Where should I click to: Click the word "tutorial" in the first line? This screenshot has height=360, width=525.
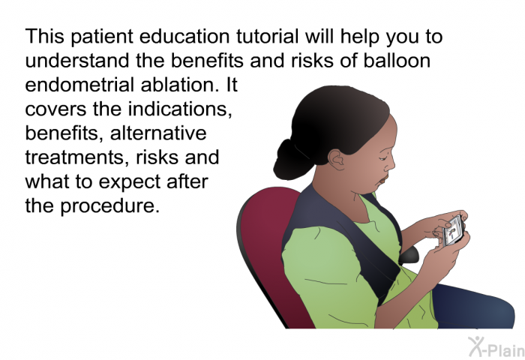[267, 36]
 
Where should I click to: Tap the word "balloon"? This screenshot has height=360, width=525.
[397, 60]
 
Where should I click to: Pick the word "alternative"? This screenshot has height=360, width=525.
[158, 133]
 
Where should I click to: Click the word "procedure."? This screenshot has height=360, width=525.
[109, 206]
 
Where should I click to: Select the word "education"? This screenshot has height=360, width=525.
[184, 36]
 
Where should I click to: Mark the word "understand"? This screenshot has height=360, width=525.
[77, 60]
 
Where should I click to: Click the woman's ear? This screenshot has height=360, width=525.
[337, 160]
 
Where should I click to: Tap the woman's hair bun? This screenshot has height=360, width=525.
[292, 160]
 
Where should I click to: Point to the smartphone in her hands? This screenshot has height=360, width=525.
[453, 231]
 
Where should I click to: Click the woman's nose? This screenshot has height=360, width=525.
[391, 165]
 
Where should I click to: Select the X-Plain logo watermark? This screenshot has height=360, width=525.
[496, 347]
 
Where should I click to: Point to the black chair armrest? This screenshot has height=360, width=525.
[409, 255]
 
